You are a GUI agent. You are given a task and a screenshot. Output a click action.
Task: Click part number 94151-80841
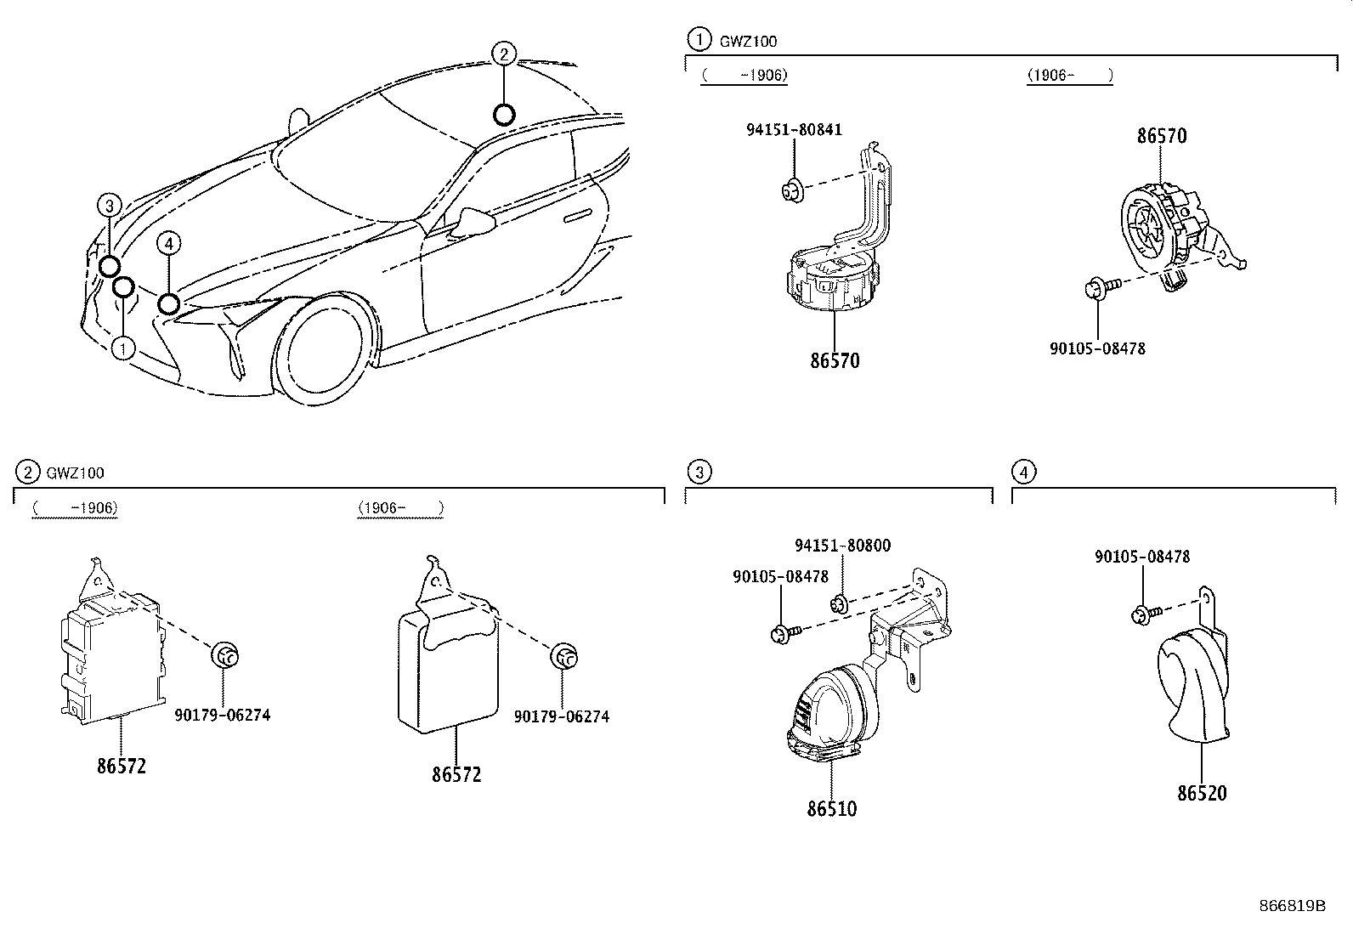pyautogui.click(x=794, y=130)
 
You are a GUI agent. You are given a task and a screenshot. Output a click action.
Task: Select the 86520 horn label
pyautogui.click(x=1202, y=794)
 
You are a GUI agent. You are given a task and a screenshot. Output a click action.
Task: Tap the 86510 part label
pyautogui.click(x=832, y=809)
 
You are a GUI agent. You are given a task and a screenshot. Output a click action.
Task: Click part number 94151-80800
pyautogui.click(x=842, y=546)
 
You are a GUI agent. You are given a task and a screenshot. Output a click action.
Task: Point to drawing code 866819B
pyautogui.click(x=1292, y=905)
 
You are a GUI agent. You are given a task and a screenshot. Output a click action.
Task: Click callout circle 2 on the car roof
pyautogui.click(x=503, y=54)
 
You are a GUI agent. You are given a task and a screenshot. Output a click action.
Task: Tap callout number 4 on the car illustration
pyautogui.click(x=169, y=245)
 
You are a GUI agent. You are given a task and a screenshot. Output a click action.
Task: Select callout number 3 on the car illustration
pyautogui.click(x=110, y=205)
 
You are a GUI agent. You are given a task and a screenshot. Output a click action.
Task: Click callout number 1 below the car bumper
pyautogui.click(x=124, y=348)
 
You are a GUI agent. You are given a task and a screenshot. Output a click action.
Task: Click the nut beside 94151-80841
pyautogui.click(x=792, y=190)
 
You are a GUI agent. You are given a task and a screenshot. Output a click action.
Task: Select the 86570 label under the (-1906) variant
pyautogui.click(x=835, y=361)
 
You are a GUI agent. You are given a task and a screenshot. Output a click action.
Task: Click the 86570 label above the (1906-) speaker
pyautogui.click(x=1162, y=136)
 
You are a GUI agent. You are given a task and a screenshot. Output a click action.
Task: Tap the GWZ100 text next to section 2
pyautogui.click(x=76, y=473)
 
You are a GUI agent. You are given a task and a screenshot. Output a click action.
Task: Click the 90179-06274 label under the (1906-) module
pyautogui.click(x=561, y=716)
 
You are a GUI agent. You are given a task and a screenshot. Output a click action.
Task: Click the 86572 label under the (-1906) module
pyautogui.click(x=122, y=766)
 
